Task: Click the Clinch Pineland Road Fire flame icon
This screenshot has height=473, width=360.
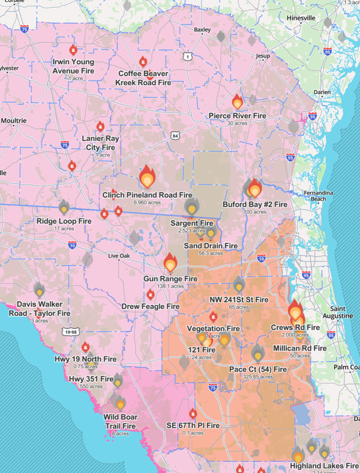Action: [x=147, y=177]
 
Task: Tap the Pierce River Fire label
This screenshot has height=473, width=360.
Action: [x=237, y=115]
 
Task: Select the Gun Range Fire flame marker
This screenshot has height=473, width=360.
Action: [x=170, y=263]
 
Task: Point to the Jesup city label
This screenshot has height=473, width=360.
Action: [x=263, y=56]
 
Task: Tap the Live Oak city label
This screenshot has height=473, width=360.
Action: [x=118, y=256]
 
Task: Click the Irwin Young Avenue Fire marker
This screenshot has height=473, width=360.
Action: [x=73, y=50]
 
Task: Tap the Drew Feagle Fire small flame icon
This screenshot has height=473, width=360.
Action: [x=150, y=295]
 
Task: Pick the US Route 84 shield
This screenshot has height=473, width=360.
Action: [x=175, y=136]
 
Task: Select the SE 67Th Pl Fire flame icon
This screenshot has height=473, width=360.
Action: [x=193, y=414]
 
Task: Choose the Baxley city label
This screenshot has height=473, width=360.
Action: [x=202, y=29]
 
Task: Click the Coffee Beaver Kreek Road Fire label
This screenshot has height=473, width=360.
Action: [x=143, y=77]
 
